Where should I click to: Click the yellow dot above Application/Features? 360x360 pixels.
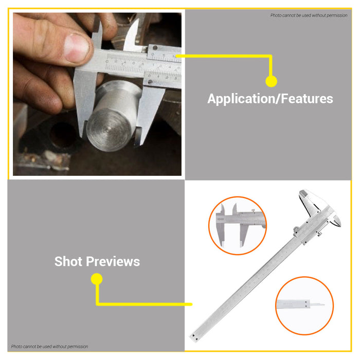(x=271, y=81)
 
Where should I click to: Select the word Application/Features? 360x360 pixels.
(x=270, y=99)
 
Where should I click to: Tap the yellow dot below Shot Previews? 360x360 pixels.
(x=97, y=279)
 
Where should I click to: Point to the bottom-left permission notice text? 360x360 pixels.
(x=50, y=347)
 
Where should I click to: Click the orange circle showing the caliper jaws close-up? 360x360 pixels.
(x=237, y=225)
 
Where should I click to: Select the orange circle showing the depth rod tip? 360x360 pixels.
(x=304, y=305)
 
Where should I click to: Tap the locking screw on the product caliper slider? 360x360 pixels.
(x=319, y=234)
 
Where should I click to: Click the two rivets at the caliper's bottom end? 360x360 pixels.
(x=194, y=336)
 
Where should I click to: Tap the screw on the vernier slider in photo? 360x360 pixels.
(x=150, y=80)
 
